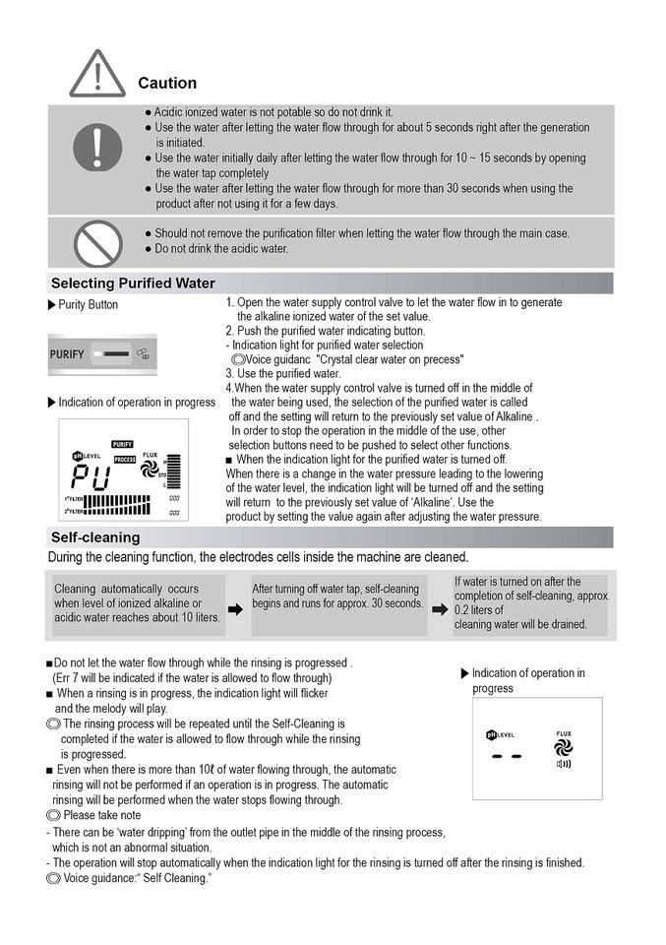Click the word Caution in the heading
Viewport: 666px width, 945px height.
(x=167, y=84)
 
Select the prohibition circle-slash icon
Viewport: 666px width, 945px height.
(x=96, y=242)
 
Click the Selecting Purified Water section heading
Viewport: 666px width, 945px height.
(x=133, y=283)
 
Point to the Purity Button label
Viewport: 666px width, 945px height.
(x=88, y=305)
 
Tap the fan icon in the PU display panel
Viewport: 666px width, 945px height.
(x=150, y=472)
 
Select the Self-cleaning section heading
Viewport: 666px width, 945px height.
(x=95, y=537)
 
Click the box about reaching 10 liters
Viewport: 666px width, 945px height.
(x=137, y=603)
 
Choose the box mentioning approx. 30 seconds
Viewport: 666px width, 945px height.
(x=337, y=596)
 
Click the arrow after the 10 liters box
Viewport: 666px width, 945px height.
(x=235, y=609)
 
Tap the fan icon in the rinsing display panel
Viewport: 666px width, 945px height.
(x=564, y=747)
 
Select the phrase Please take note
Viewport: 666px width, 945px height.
(x=101, y=816)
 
